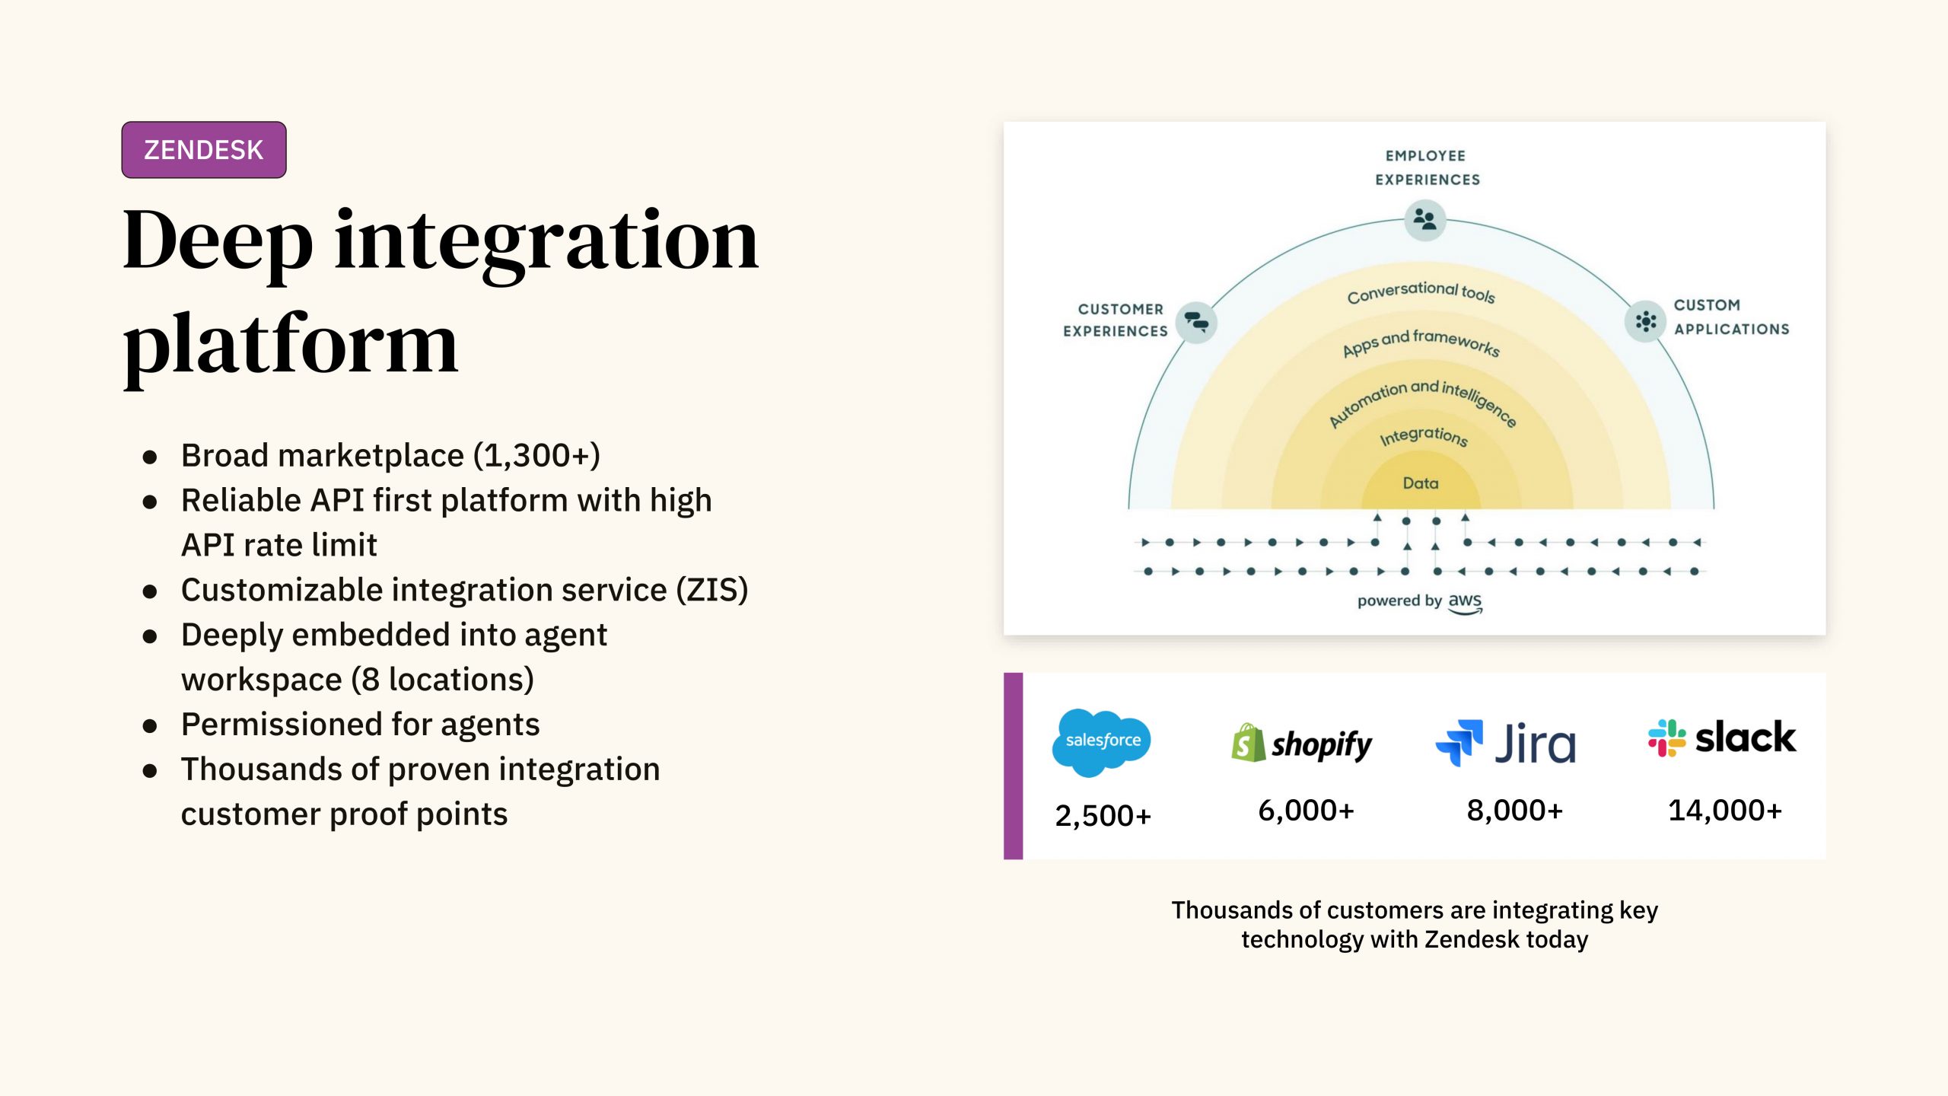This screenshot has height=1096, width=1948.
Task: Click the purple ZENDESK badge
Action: click(x=204, y=150)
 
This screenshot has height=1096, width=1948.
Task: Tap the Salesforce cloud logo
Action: click(x=1102, y=741)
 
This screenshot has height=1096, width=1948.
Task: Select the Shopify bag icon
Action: click(x=1248, y=743)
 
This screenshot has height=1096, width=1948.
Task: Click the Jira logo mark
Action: click(x=1459, y=742)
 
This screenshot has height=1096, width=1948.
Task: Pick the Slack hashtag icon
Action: click(x=1666, y=738)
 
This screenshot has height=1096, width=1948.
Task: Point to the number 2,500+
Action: click(x=1103, y=816)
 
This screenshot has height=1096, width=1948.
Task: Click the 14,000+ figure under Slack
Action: click(x=1725, y=811)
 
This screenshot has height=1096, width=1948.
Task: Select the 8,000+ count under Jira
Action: click(x=1514, y=811)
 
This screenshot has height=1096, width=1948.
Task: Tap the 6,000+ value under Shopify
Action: click(x=1306, y=811)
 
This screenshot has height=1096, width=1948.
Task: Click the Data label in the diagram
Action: click(x=1421, y=483)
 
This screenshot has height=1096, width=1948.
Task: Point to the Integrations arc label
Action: click(x=1423, y=436)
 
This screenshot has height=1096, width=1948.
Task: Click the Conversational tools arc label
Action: click(x=1421, y=292)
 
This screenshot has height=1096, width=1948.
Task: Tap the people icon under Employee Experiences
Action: click(x=1424, y=220)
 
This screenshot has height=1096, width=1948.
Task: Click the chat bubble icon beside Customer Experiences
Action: click(x=1196, y=322)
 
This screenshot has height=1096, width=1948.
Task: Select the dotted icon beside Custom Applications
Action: click(x=1645, y=321)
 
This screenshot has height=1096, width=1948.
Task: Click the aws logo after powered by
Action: click(x=1465, y=602)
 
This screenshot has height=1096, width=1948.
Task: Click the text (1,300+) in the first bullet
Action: click(x=536, y=456)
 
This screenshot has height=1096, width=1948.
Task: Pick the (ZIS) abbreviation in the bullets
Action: click(x=712, y=590)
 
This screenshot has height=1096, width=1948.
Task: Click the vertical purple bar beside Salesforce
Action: click(x=1013, y=766)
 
